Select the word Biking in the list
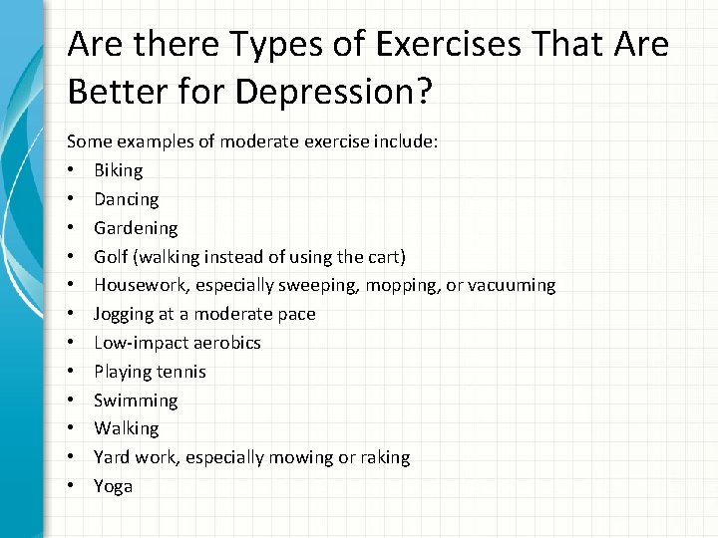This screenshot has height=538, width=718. [x=119, y=171]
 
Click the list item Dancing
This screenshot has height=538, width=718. [x=126, y=199]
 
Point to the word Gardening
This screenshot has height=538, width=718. [x=136, y=228]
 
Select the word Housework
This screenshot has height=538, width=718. [x=141, y=286]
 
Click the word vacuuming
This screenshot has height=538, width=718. [x=509, y=286]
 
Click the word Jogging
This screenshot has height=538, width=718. [x=124, y=315]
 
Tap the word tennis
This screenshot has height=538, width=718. [x=183, y=372]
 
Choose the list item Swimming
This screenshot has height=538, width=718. [x=136, y=401]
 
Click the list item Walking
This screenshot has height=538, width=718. [x=126, y=428]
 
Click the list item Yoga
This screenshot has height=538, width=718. [x=113, y=486]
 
